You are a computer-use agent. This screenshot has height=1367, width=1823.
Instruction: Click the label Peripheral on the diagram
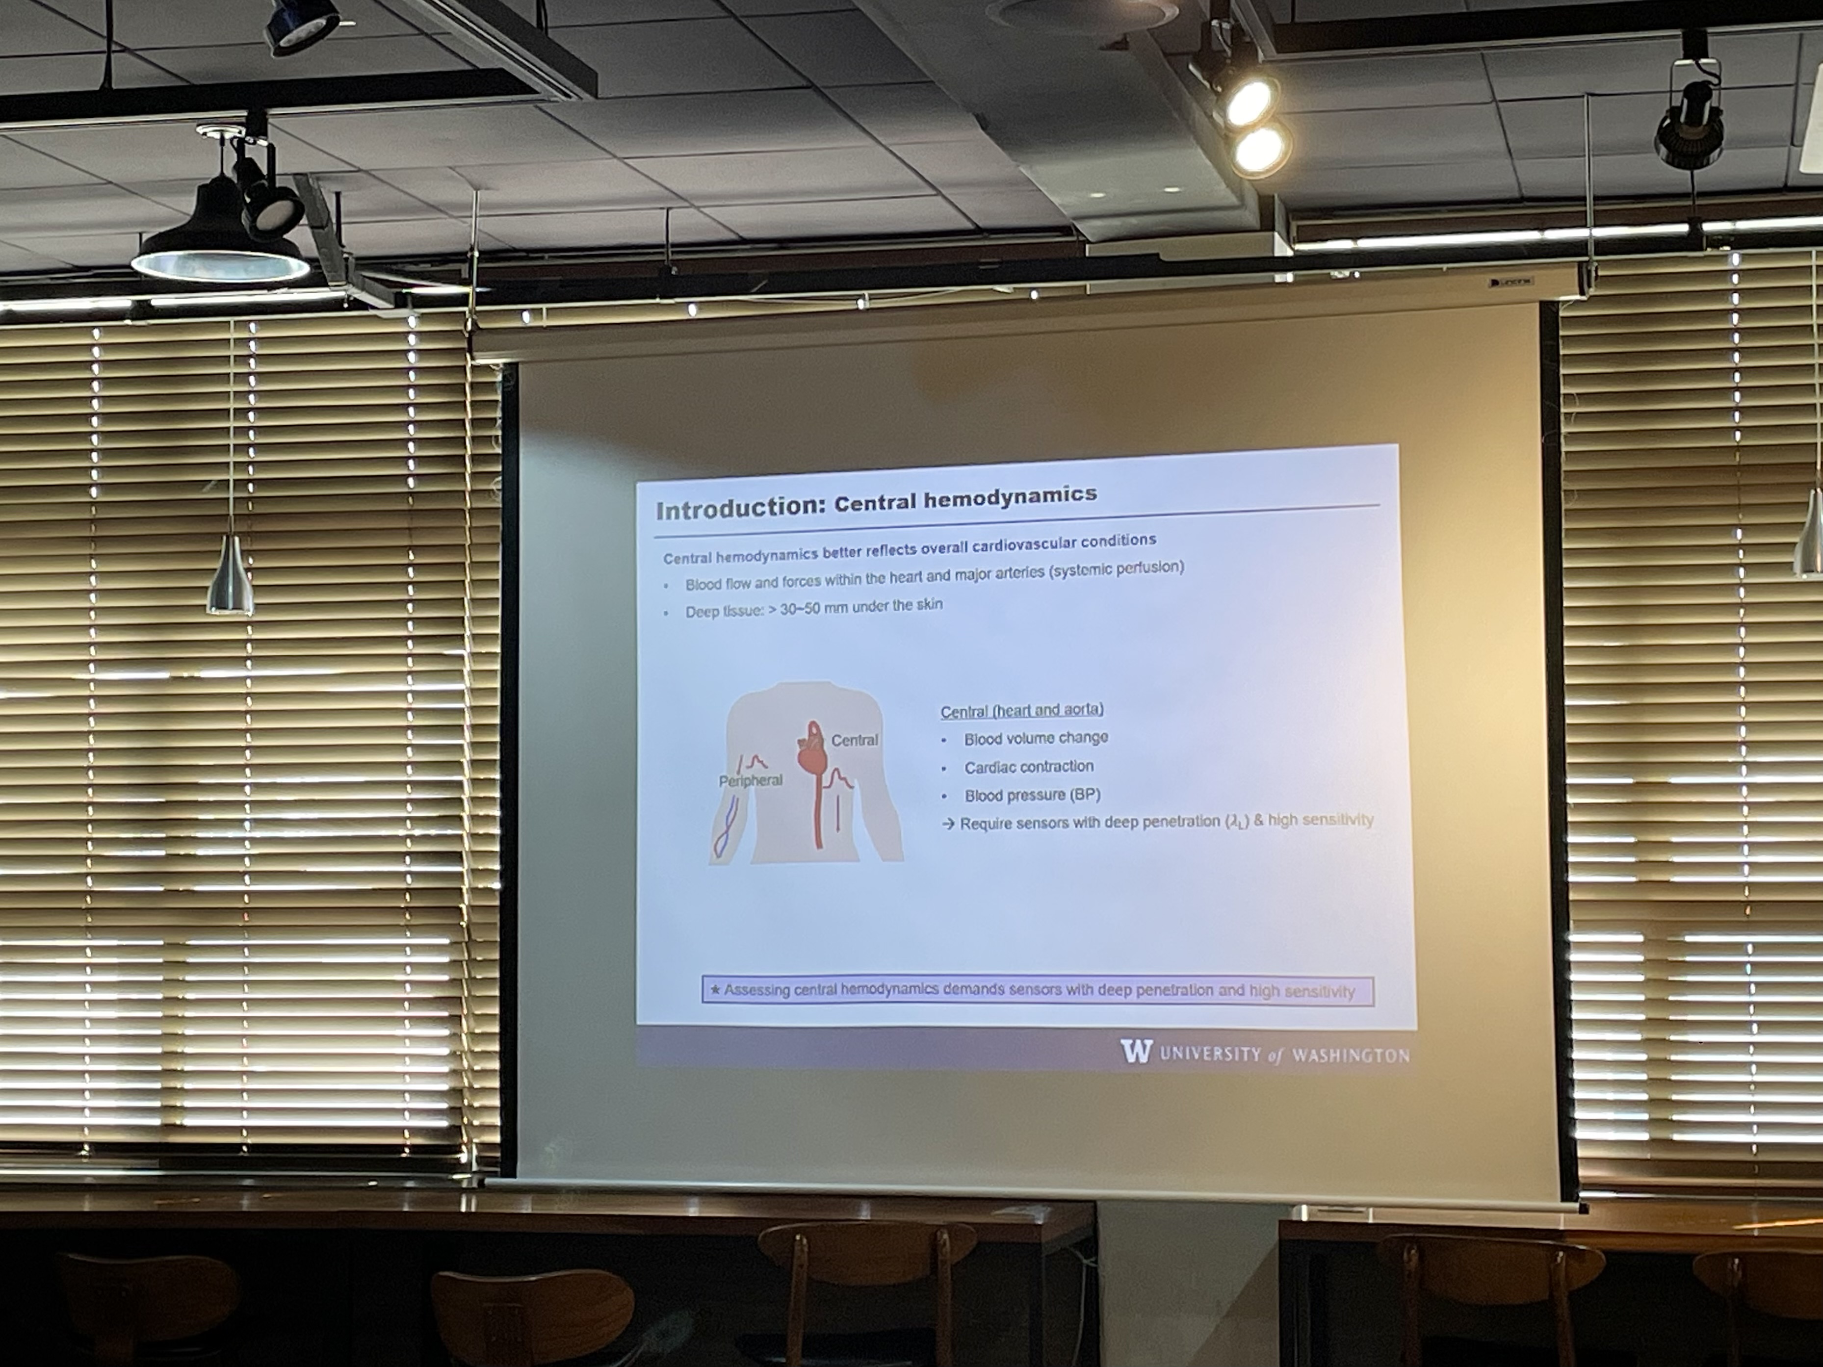tap(750, 779)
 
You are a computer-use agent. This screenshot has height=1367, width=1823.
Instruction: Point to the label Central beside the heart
tap(855, 740)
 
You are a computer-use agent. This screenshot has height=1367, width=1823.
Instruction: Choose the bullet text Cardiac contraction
tap(1029, 766)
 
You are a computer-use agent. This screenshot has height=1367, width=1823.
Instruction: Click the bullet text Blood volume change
tap(1036, 738)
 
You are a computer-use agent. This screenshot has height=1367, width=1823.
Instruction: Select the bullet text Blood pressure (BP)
tap(1032, 795)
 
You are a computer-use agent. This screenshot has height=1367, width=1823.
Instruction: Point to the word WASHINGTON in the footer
tap(1350, 1056)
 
